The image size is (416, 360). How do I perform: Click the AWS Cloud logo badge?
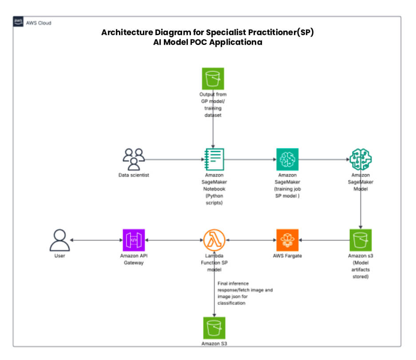[x=19, y=22]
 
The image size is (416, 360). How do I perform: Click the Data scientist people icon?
[x=134, y=159]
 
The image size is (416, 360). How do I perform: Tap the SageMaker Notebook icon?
[x=214, y=159]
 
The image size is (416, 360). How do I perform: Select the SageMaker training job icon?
[x=287, y=159]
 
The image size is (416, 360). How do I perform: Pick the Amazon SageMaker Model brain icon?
[x=360, y=159]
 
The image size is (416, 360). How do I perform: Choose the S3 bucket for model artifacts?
[x=360, y=240]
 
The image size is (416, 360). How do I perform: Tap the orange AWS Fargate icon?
[x=287, y=240]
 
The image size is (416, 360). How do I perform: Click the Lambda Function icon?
[x=214, y=240]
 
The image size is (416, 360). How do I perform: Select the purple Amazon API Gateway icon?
[x=134, y=240]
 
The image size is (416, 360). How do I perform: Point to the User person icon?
[x=59, y=240]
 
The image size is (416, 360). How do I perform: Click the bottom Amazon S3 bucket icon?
[x=214, y=328]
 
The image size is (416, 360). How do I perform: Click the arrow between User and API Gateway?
[x=96, y=240]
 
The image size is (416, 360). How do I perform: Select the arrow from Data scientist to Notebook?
[x=174, y=159]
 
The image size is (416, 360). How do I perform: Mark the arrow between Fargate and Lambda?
[x=250, y=240]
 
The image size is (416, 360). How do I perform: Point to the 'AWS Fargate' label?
[x=287, y=256]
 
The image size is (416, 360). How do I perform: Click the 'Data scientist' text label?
[x=134, y=175]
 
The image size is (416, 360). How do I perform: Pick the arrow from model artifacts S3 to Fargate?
[x=324, y=240]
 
